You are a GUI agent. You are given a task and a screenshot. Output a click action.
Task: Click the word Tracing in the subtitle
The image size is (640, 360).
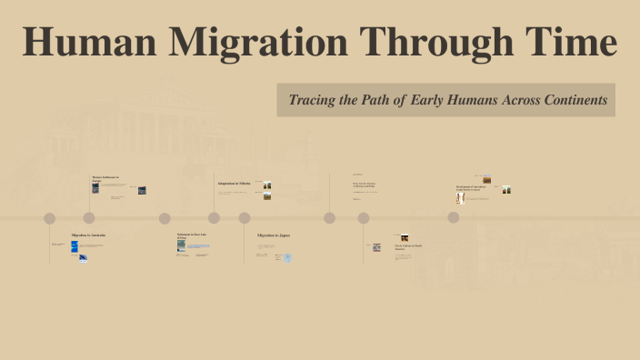(x=313, y=100)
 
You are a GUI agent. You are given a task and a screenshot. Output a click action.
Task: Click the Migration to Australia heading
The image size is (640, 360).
(x=88, y=235)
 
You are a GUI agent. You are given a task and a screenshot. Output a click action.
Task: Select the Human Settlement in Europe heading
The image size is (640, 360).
(x=105, y=178)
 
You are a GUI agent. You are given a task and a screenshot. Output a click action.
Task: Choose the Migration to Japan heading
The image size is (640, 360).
(x=273, y=235)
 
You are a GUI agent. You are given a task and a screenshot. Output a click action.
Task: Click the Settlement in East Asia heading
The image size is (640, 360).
(x=191, y=235)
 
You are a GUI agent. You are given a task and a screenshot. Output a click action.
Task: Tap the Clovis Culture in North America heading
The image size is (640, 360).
(x=409, y=246)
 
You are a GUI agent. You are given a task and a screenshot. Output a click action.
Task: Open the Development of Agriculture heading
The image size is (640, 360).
(x=470, y=186)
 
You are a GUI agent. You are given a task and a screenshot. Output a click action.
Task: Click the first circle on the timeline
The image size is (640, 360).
(x=50, y=218)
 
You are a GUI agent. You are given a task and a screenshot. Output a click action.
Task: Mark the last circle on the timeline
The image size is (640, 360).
(x=453, y=217)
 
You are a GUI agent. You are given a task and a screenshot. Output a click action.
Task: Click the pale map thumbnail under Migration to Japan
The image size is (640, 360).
(x=287, y=258)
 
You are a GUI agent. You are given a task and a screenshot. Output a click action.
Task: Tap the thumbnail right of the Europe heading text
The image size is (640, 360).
(x=142, y=190)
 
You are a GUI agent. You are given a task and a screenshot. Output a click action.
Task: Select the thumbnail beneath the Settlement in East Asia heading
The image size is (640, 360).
(x=181, y=245)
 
